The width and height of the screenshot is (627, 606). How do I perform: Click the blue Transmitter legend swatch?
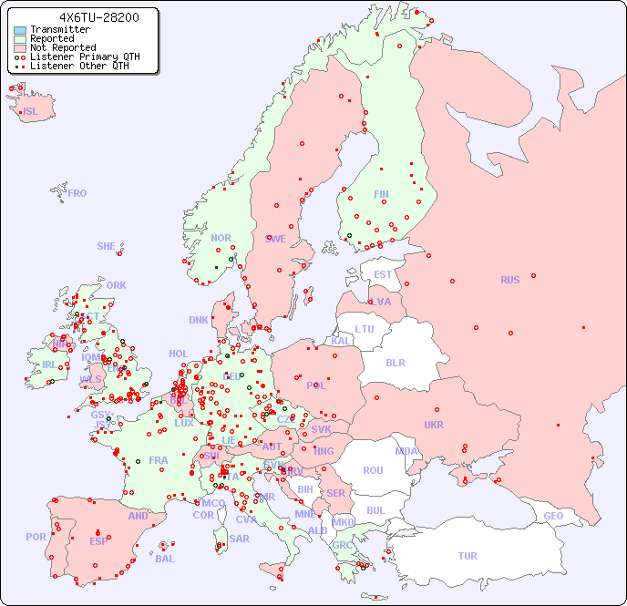(x=20, y=30)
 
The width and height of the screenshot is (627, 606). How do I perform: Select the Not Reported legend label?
(x=63, y=47)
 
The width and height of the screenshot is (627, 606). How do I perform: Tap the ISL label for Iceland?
(x=30, y=111)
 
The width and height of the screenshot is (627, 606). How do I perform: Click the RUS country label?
(x=509, y=280)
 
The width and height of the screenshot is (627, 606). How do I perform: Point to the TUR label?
(x=467, y=556)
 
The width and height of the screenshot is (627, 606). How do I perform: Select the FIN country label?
(x=381, y=194)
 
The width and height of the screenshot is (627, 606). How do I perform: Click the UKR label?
(x=434, y=425)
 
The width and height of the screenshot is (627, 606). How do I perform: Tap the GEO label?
(x=553, y=516)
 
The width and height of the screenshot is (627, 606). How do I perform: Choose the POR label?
(x=36, y=537)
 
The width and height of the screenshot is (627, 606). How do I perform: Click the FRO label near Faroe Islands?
(x=77, y=193)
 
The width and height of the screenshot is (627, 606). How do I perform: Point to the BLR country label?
(x=395, y=362)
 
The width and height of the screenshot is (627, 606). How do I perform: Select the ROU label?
(x=373, y=470)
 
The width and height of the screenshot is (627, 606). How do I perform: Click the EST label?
(x=383, y=274)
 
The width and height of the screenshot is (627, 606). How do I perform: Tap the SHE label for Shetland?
(x=106, y=246)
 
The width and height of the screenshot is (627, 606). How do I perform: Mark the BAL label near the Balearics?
(x=164, y=559)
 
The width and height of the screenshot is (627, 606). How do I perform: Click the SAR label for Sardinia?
(x=239, y=539)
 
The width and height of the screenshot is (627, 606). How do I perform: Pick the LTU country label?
(x=365, y=329)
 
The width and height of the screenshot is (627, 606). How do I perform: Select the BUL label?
(x=375, y=510)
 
